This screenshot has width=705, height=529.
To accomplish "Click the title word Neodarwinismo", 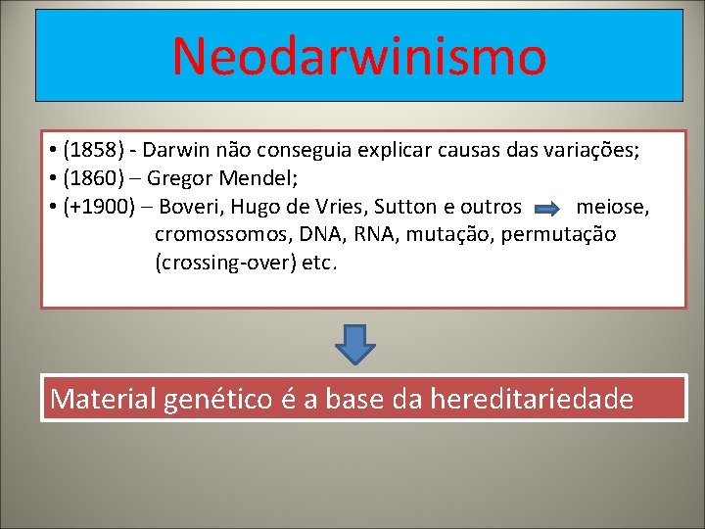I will (x=358, y=56).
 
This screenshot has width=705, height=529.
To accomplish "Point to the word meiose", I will (x=612, y=208).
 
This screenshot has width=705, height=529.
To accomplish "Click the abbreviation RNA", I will (x=347, y=235).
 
